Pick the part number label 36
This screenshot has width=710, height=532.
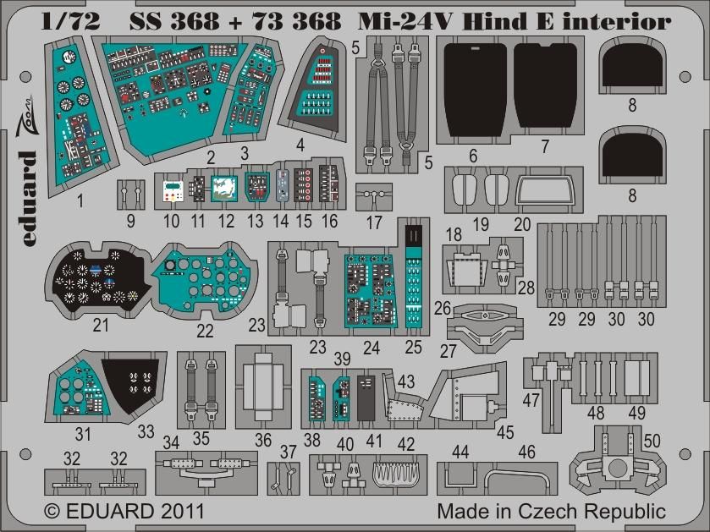click(x=263, y=441)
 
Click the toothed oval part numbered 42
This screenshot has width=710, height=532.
click(x=395, y=479)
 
